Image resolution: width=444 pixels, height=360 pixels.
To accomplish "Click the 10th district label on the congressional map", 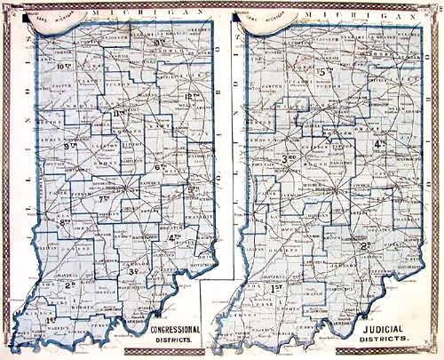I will (63, 65).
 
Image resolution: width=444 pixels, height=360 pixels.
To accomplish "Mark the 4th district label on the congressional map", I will (175, 236).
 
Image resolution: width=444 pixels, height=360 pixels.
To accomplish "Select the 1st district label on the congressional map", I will (51, 317).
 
